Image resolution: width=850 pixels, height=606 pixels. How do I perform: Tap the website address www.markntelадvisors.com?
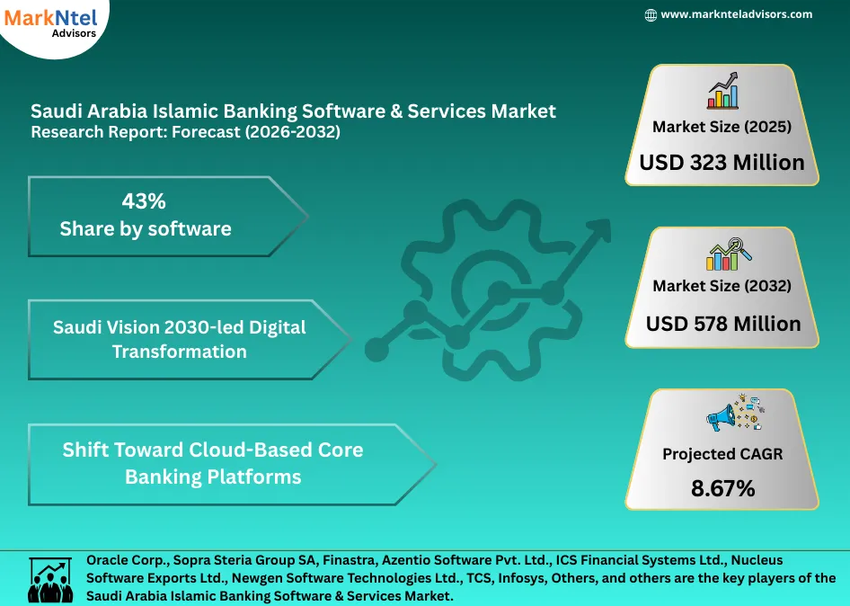pyautogui.click(x=736, y=14)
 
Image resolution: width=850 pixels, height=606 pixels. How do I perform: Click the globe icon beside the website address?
pyautogui.click(x=651, y=14)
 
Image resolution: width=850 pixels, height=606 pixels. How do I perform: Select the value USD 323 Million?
pyautogui.click(x=722, y=163)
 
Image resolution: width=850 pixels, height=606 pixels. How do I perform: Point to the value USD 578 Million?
pyautogui.click(x=722, y=324)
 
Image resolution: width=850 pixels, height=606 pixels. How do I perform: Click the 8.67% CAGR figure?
pyautogui.click(x=722, y=489)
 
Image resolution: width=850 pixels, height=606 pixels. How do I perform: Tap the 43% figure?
pyautogui.click(x=144, y=201)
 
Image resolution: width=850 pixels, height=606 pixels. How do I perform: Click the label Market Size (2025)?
pyautogui.click(x=722, y=127)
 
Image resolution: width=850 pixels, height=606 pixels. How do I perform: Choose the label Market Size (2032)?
pyautogui.click(x=722, y=286)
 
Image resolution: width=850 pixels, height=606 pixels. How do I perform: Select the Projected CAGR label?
pyautogui.click(x=722, y=454)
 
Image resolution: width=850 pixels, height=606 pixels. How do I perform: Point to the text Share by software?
pyautogui.click(x=146, y=228)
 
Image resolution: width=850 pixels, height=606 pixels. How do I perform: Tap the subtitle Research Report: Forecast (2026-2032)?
pyautogui.click(x=186, y=132)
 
